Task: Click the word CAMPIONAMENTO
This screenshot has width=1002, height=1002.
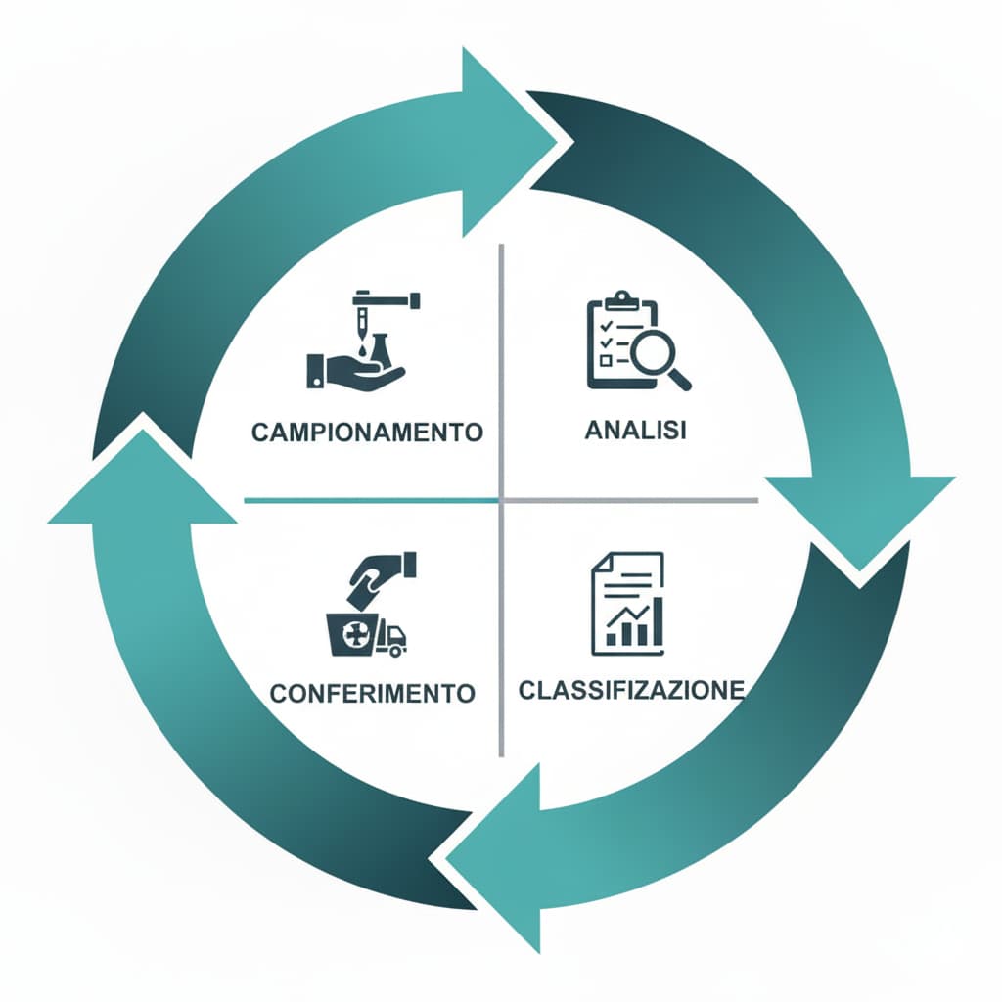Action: click(x=367, y=432)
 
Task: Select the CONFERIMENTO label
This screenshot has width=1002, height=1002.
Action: click(x=372, y=693)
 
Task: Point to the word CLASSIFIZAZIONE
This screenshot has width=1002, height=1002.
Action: click(x=631, y=689)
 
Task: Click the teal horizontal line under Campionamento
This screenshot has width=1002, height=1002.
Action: click(x=372, y=500)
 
